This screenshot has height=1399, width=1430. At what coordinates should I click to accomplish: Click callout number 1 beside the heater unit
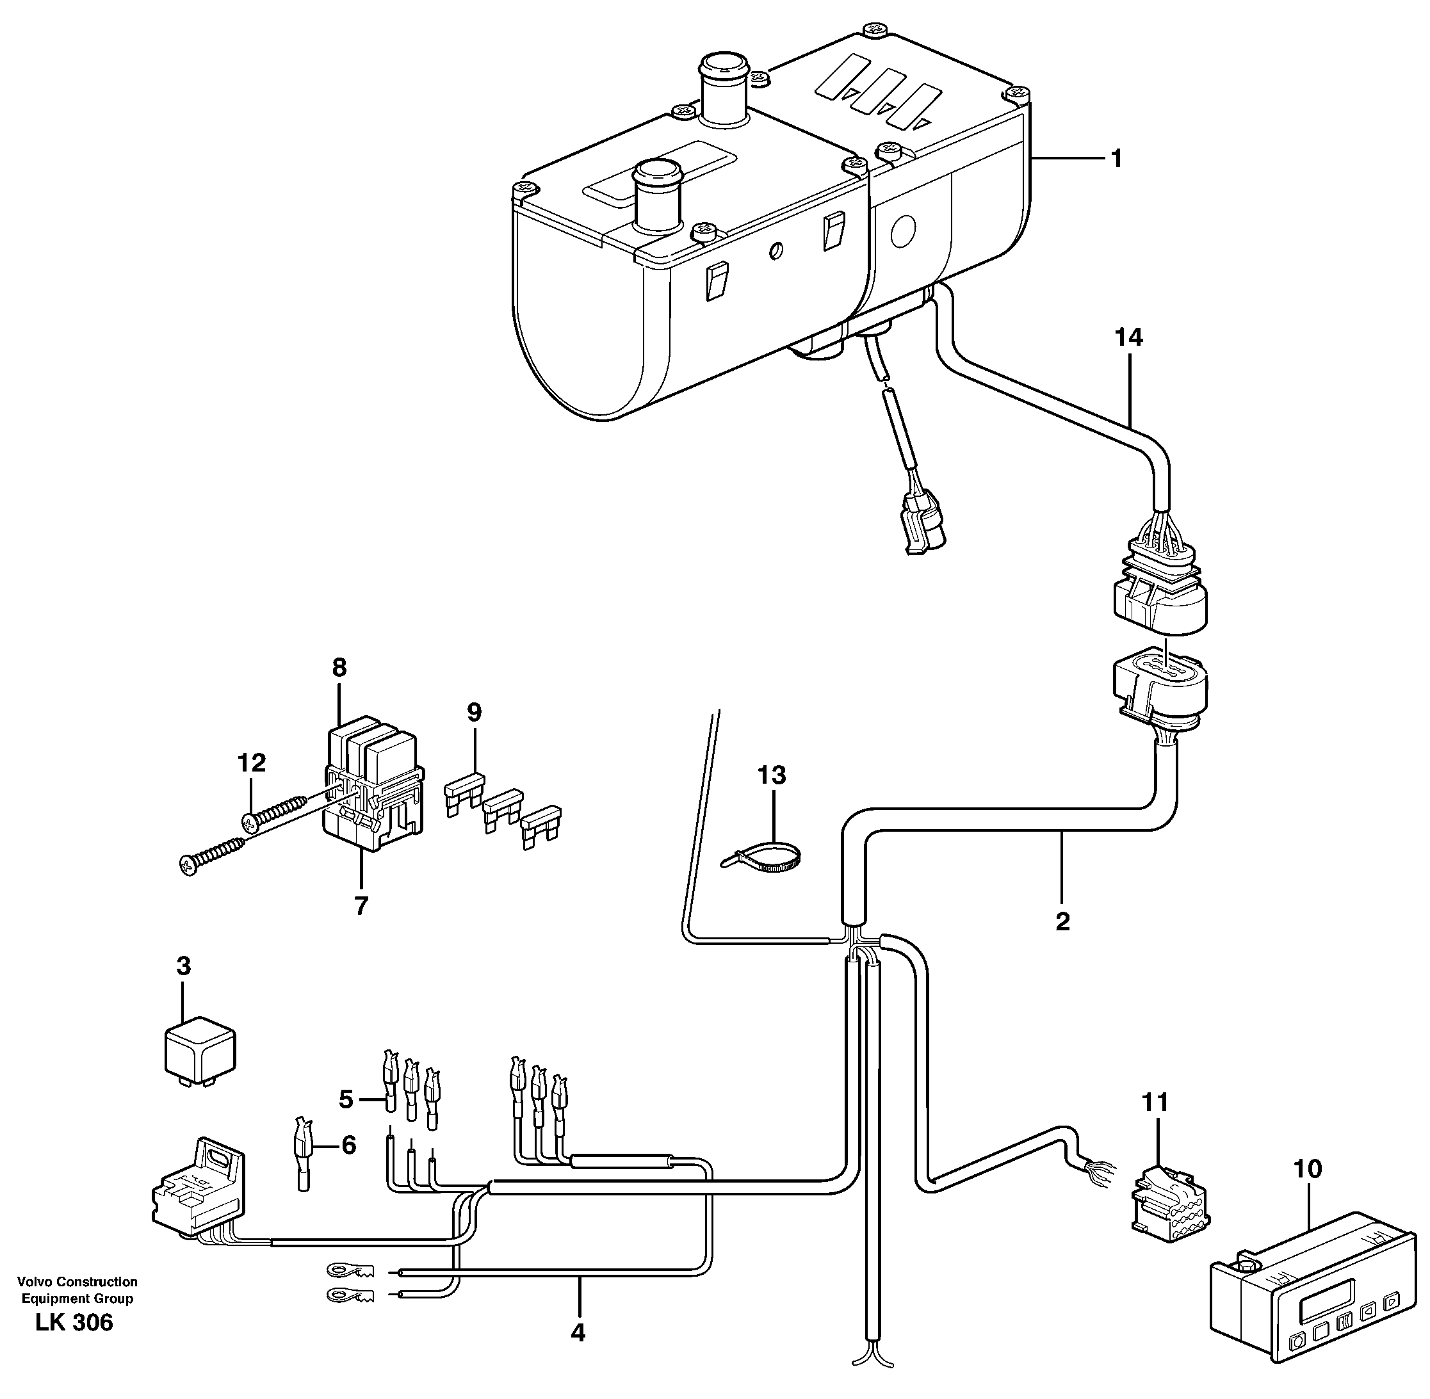tap(1116, 159)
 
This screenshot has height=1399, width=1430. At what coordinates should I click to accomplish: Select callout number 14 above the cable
tap(1128, 337)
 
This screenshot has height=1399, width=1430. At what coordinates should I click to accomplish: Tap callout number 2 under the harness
tap(1062, 921)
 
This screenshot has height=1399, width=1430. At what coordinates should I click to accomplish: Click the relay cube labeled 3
tap(199, 1046)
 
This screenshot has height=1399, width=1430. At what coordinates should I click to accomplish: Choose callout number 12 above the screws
tap(251, 763)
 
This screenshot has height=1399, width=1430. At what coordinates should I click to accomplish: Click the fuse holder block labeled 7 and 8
tap(373, 788)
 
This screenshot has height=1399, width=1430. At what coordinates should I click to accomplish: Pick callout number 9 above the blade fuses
tap(474, 712)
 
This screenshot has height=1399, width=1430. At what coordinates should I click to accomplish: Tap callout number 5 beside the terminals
tap(345, 1100)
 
